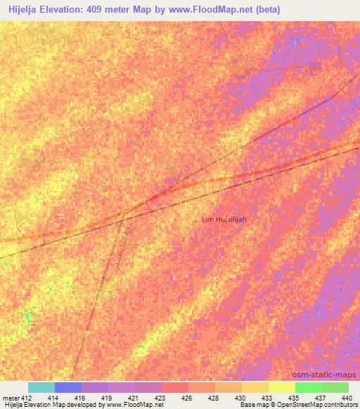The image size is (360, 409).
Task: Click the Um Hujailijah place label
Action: pyautogui.click(x=224, y=219)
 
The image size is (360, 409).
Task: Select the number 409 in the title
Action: pyautogui.click(x=105, y=9)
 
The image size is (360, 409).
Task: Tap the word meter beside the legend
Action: pyautogui.click(x=11, y=398)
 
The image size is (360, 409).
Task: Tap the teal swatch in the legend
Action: pyautogui.click(x=41, y=387)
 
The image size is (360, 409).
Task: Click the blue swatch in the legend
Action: pyautogui.click(x=67, y=387)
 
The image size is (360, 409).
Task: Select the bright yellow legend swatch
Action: pyautogui.click(x=281, y=387)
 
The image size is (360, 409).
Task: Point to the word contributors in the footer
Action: pyautogui.click(x=340, y=405)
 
